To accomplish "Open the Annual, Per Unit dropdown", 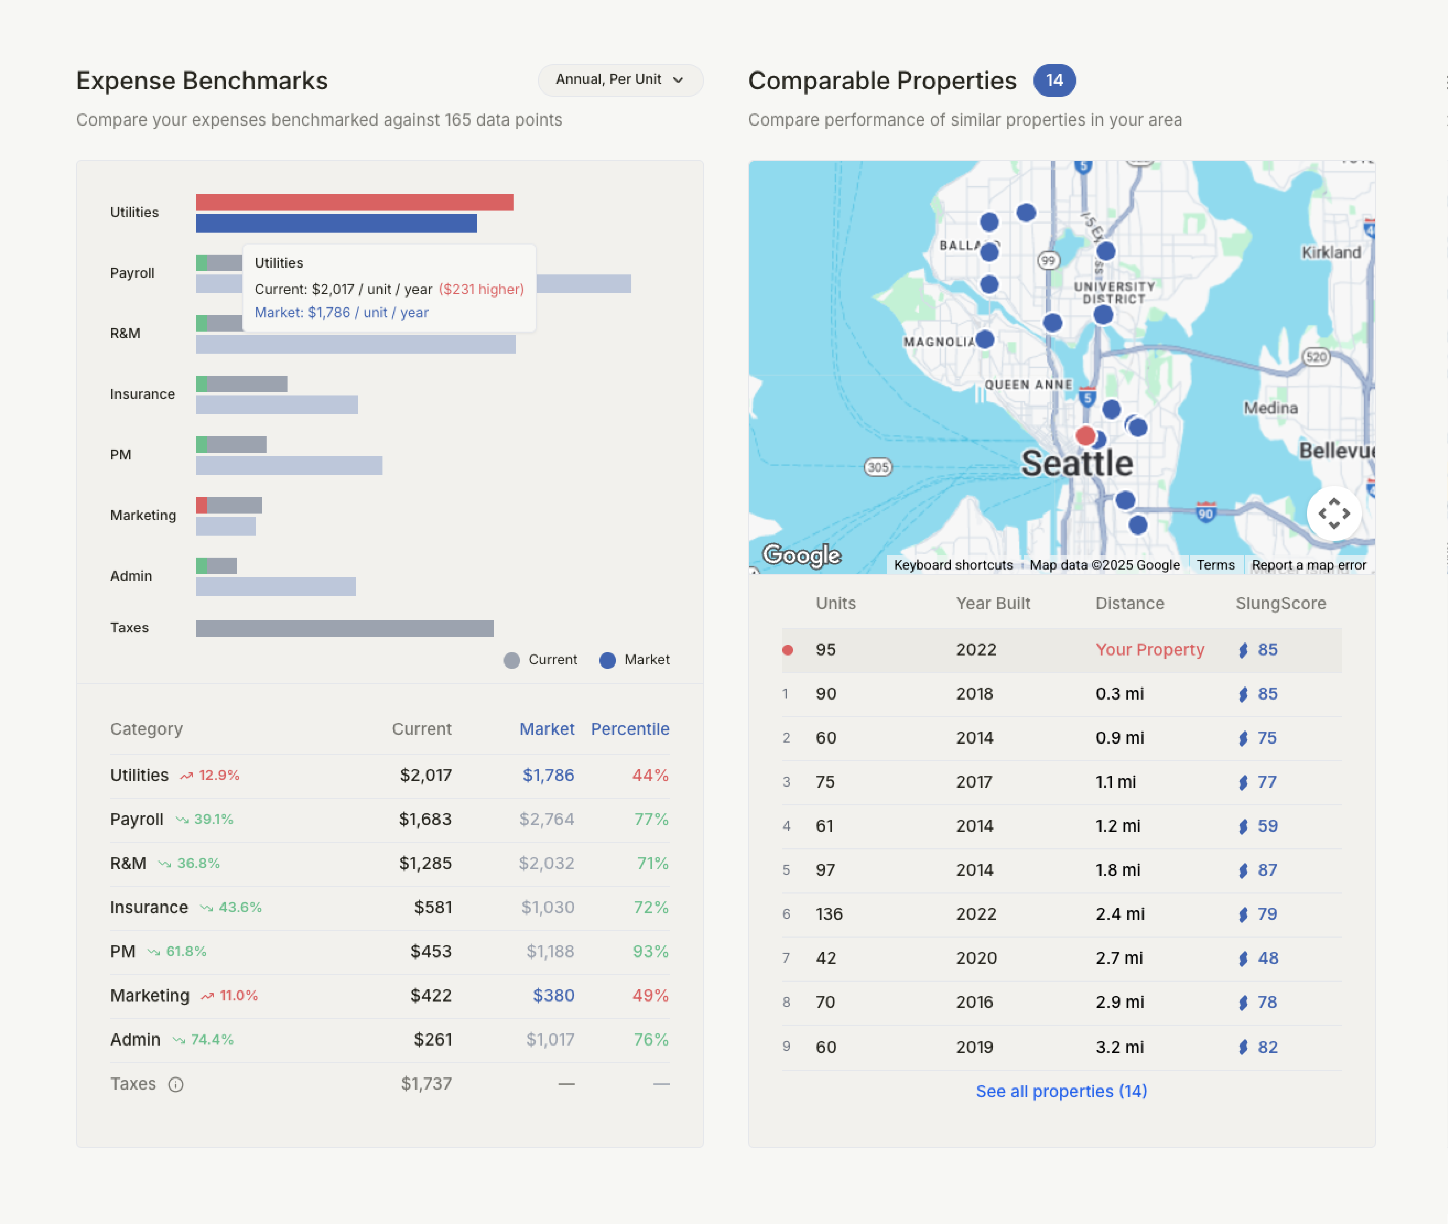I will [x=620, y=80].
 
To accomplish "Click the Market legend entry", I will [x=634, y=660].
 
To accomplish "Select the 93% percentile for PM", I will [x=650, y=951].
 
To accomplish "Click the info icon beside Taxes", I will [x=175, y=1084].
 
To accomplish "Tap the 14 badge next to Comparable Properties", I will [x=1054, y=81].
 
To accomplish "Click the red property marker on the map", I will [x=1085, y=436].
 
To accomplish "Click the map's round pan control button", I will [x=1333, y=514].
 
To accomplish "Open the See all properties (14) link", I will [x=1061, y=1092].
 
